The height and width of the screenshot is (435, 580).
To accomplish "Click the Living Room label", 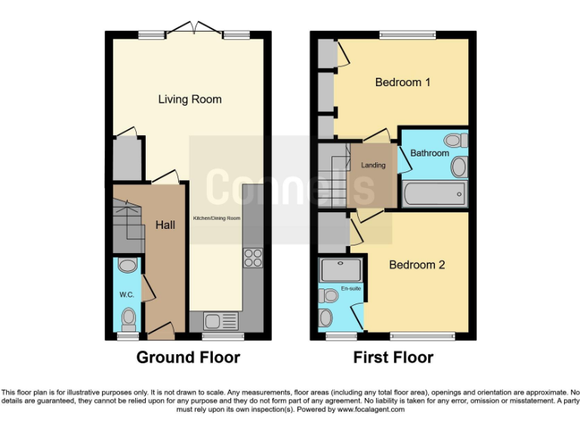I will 190,99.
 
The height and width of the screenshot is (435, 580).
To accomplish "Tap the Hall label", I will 166,224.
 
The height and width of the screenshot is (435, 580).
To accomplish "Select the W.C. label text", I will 125,295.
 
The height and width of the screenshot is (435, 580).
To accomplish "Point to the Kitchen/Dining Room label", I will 217,217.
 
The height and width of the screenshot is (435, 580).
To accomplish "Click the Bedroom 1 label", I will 403,82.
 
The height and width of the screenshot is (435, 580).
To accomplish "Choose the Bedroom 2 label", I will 417,265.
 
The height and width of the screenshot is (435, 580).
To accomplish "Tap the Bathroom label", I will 430,153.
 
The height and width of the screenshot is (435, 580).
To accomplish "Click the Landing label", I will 373,165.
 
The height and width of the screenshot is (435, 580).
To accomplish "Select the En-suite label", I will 350,288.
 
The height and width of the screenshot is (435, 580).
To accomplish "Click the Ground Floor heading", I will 188,357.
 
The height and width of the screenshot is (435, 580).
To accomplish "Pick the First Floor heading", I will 393,357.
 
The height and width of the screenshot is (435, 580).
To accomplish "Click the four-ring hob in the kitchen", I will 252,258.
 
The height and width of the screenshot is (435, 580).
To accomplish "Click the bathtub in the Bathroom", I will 434,195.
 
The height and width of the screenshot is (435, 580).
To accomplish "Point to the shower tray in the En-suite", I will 341,270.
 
